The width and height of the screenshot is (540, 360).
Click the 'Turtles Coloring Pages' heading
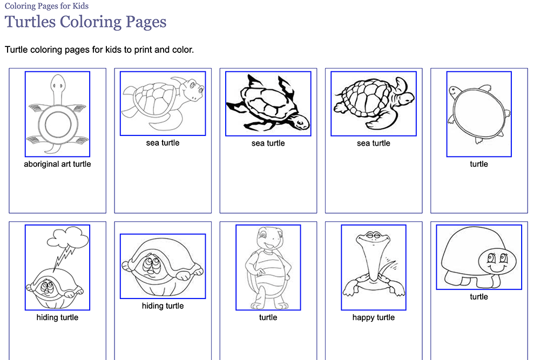[x=85, y=22]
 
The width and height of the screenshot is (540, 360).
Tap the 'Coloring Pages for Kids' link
[x=46, y=6]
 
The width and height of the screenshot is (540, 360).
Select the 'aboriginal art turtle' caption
[x=58, y=164]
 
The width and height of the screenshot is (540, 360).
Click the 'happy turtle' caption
[x=374, y=317]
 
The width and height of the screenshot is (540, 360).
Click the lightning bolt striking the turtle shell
[x=64, y=258]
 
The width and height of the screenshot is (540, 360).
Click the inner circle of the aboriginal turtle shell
[x=58, y=125]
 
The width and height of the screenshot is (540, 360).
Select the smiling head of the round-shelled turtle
[x=455, y=92]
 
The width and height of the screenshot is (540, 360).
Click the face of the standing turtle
[x=268, y=238]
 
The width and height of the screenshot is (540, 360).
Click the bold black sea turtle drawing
[x=268, y=104]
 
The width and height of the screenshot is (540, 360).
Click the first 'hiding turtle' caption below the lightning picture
[x=58, y=317]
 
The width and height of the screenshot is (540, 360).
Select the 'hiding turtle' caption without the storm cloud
[x=163, y=305]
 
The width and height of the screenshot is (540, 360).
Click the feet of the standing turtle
[x=269, y=305]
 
